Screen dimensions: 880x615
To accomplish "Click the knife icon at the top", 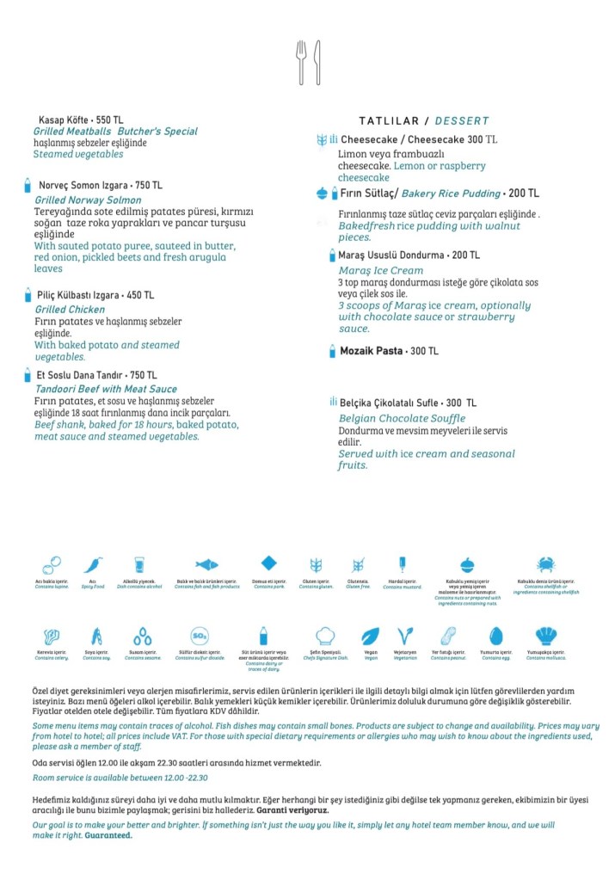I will tap(317, 62).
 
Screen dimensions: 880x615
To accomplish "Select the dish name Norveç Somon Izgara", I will tap(83, 186).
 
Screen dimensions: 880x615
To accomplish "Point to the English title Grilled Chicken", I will tap(70, 310).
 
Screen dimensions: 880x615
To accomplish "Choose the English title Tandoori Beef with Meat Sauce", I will tap(106, 390).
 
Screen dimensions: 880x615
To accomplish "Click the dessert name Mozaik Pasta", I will tap(371, 351).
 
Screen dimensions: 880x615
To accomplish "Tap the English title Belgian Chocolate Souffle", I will tap(402, 419).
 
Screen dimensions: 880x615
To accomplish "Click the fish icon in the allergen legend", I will tap(206, 565).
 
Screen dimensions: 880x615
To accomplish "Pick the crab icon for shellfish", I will tap(545, 565).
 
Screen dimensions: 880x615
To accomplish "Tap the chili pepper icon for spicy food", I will tap(92, 565).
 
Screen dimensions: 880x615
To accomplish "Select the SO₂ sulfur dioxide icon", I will tap(200, 637).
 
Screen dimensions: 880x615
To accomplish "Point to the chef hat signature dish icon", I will tap(325, 637).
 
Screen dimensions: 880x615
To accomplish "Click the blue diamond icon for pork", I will tap(269, 563).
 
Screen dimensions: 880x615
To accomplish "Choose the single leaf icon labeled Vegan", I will tap(371, 637).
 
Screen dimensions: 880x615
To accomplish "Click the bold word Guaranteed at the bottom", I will tap(108, 835).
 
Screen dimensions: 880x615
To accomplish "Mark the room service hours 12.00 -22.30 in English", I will tap(181, 778).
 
